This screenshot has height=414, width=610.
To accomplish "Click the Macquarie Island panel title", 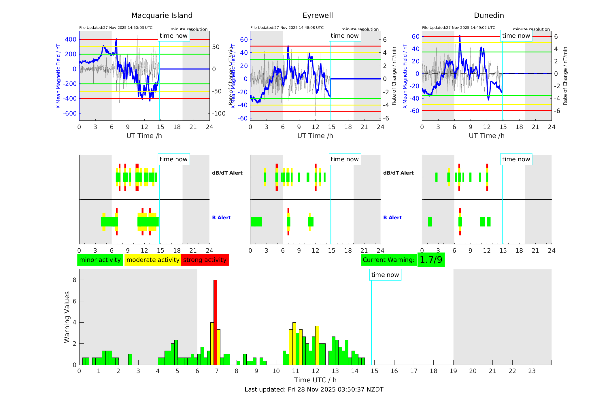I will [162, 16].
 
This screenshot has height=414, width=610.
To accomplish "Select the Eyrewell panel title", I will [318, 16].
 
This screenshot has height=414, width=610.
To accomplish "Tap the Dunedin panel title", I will [489, 16].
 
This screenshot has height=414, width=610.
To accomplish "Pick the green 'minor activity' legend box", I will [100, 260].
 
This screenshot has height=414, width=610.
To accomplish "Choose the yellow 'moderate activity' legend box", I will [153, 260].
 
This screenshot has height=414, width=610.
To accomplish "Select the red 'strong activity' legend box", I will [205, 260].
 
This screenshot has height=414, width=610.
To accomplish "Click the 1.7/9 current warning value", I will [431, 260].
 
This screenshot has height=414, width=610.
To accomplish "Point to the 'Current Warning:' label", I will [388, 260].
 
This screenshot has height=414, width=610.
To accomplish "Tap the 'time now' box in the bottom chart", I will [385, 275].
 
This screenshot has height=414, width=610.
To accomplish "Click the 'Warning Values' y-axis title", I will [67, 317].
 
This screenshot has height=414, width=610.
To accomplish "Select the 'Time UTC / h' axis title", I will [315, 380].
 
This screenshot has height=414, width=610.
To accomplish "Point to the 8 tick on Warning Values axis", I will [75, 280].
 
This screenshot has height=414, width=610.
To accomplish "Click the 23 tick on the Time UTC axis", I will [532, 371].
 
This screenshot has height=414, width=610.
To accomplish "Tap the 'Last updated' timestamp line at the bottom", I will [314, 390].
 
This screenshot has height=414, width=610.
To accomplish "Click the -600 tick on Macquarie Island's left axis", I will [70, 114].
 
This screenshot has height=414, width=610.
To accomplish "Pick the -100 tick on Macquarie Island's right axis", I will [219, 114].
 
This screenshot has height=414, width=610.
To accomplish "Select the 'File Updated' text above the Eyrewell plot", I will [287, 28].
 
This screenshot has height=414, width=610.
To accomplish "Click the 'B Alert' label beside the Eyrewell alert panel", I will [392, 218].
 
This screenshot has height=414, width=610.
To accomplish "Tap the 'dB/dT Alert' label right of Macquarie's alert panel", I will [227, 173].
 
